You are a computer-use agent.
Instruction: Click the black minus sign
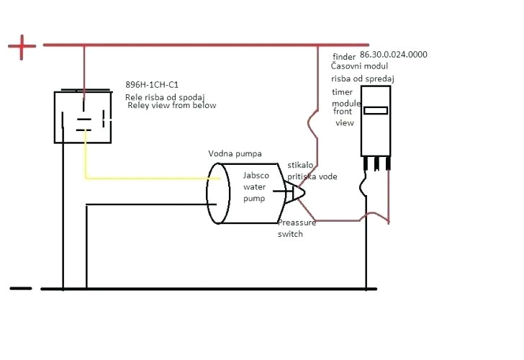click(x=21, y=289)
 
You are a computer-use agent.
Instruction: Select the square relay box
click(x=83, y=117)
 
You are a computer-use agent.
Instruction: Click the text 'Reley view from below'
click(x=171, y=105)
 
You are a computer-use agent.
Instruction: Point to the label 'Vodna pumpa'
click(x=235, y=153)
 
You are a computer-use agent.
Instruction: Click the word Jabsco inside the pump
click(x=257, y=175)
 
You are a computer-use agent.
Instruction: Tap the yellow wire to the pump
click(x=144, y=178)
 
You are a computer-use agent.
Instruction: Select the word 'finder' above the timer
click(x=344, y=55)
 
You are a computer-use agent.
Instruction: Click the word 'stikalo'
click(x=300, y=165)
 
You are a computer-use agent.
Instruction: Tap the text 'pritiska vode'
click(x=312, y=176)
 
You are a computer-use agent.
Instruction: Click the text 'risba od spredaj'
click(x=363, y=78)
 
